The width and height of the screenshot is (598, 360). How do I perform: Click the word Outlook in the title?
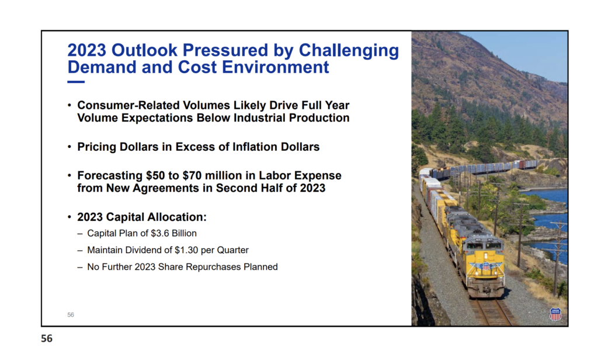[145, 50]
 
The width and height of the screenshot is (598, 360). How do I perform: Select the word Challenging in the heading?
[349, 51]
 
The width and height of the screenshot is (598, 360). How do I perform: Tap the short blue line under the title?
[76, 82]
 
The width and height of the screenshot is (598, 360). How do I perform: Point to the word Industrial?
[259, 117]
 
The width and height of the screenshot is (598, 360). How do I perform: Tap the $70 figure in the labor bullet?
[192, 175]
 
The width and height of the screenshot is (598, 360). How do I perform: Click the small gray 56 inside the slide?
[71, 315]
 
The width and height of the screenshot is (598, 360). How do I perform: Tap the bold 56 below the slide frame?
[47, 338]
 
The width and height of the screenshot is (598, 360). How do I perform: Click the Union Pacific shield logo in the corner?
[555, 314]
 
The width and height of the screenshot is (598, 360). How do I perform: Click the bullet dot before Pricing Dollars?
[69, 147]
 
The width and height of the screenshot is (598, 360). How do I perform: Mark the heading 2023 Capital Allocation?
[142, 217]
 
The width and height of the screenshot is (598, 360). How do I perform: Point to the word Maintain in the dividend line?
[103, 250]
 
